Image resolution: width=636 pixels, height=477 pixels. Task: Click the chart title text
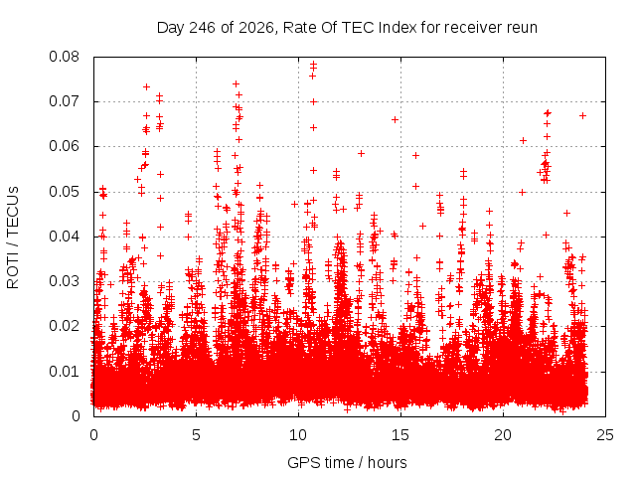pos(347,28)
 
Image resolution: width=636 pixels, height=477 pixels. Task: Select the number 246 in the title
pos(203,28)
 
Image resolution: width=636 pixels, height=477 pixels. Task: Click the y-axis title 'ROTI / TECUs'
pos(13,238)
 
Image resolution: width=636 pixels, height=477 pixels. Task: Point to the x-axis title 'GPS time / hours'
pos(347,462)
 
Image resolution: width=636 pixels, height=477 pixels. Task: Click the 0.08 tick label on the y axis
pos(64,57)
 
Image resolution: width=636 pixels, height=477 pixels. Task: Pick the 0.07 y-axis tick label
pos(64,101)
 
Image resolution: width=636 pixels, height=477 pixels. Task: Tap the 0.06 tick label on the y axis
pos(64,146)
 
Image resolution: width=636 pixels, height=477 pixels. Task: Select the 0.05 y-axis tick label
pos(64,192)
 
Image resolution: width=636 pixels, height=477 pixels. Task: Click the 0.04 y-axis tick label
pos(64,237)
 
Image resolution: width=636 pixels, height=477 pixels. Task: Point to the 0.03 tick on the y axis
pos(64,281)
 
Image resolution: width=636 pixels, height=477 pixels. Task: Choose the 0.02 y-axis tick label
pos(64,326)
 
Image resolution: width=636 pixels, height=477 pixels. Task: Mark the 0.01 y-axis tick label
pos(64,371)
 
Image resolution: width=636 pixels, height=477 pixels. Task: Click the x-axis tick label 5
pos(197,435)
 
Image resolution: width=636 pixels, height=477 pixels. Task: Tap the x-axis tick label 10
pos(298,435)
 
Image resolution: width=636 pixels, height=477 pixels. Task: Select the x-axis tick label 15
pos(400,435)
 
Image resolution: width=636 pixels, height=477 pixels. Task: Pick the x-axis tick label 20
pos(503,435)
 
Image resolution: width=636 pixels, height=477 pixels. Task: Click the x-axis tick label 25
pos(605,435)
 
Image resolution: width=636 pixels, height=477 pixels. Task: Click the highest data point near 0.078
pos(313,64)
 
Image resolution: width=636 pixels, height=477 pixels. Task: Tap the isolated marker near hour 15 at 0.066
pos(396,119)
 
